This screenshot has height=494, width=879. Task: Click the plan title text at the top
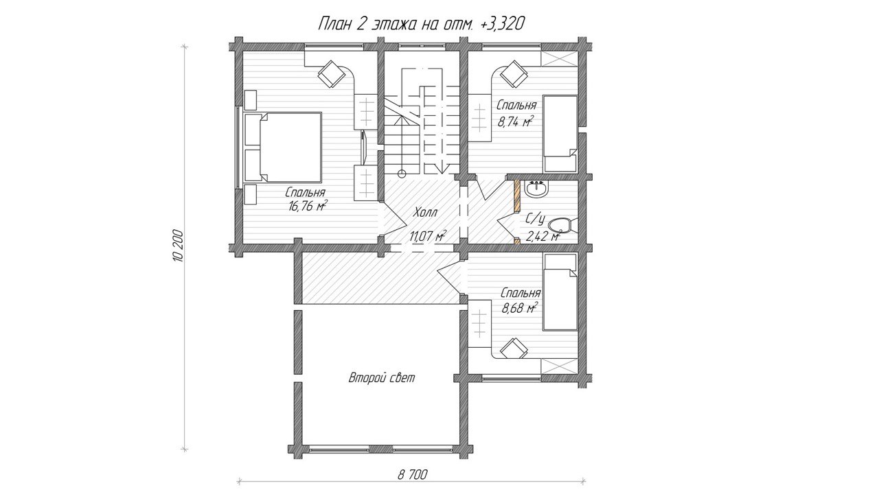coord(421,24)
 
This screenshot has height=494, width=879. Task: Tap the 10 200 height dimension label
coord(178,245)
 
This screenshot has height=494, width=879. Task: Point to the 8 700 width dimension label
coord(413,475)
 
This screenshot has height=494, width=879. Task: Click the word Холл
coord(425,213)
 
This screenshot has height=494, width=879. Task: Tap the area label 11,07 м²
coord(428,236)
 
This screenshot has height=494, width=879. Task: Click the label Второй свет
coord(382,378)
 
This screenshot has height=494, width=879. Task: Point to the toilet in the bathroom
coord(562,226)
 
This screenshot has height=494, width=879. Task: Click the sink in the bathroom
coord(536,190)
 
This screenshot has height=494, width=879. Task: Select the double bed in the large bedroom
coord(282,148)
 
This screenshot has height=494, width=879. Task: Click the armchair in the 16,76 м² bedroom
coord(332,75)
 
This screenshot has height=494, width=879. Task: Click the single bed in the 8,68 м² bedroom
coord(560,292)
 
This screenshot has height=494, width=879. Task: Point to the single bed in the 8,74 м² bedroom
coord(560,134)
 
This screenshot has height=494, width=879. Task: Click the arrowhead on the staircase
coord(442,169)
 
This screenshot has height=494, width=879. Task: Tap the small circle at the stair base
coord(402,174)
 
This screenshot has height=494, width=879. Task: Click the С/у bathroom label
coord(535,220)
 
